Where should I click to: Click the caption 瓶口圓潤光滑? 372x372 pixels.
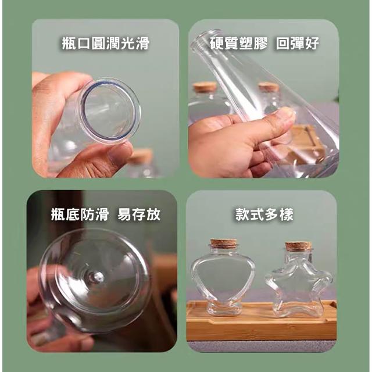(x=106, y=43)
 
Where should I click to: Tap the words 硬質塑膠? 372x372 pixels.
(x=239, y=43)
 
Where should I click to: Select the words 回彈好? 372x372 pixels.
(x=298, y=43)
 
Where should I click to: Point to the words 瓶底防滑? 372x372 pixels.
(x=80, y=214)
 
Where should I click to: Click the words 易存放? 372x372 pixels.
(x=139, y=214)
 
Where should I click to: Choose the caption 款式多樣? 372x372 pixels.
(x=264, y=214)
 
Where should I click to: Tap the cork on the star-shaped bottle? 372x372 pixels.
(x=298, y=246)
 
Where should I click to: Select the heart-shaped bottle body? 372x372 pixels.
(x=223, y=277)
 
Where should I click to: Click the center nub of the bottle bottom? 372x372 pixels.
(x=97, y=277)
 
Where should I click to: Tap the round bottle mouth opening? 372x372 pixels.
(x=110, y=111)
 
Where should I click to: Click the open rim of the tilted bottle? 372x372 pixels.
(x=206, y=38)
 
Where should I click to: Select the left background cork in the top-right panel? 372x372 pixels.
(x=205, y=87)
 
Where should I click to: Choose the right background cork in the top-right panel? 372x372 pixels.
(x=269, y=87)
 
